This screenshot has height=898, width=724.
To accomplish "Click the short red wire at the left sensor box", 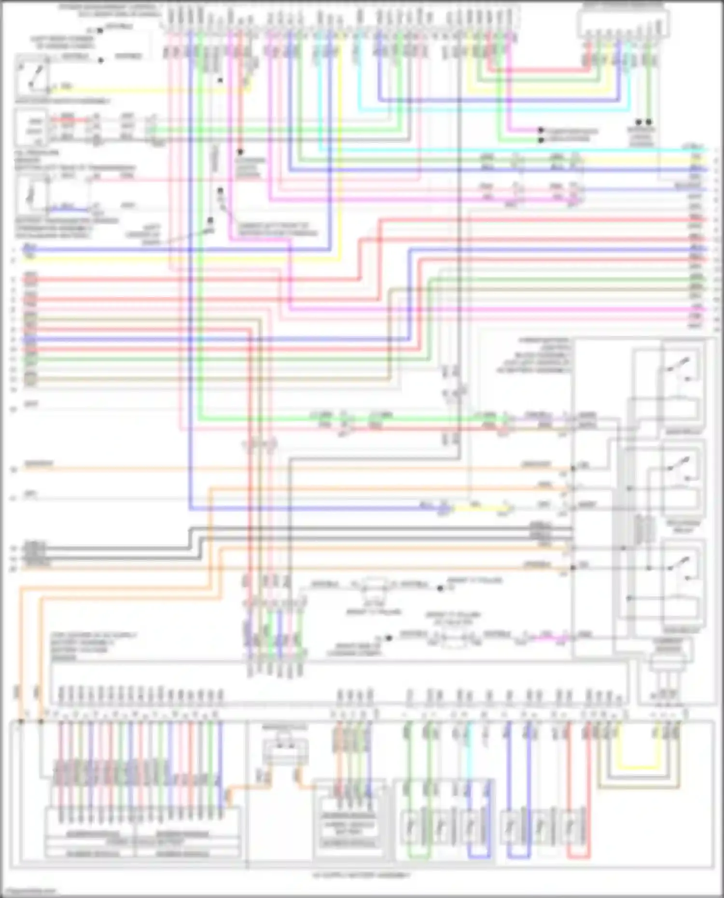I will (x=68, y=119).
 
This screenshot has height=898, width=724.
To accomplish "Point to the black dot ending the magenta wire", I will (x=541, y=130).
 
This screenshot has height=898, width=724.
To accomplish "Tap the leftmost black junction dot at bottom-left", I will (x=21, y=721).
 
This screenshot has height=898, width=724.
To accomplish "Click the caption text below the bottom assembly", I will (x=362, y=875).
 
